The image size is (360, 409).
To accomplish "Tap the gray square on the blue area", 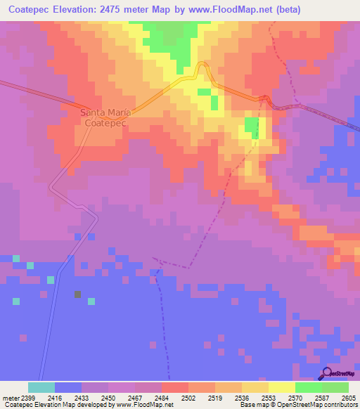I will (x=77, y=294).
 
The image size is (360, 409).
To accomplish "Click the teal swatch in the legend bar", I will (x=41, y=387).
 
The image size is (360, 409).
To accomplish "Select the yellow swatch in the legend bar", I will (x=281, y=387).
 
